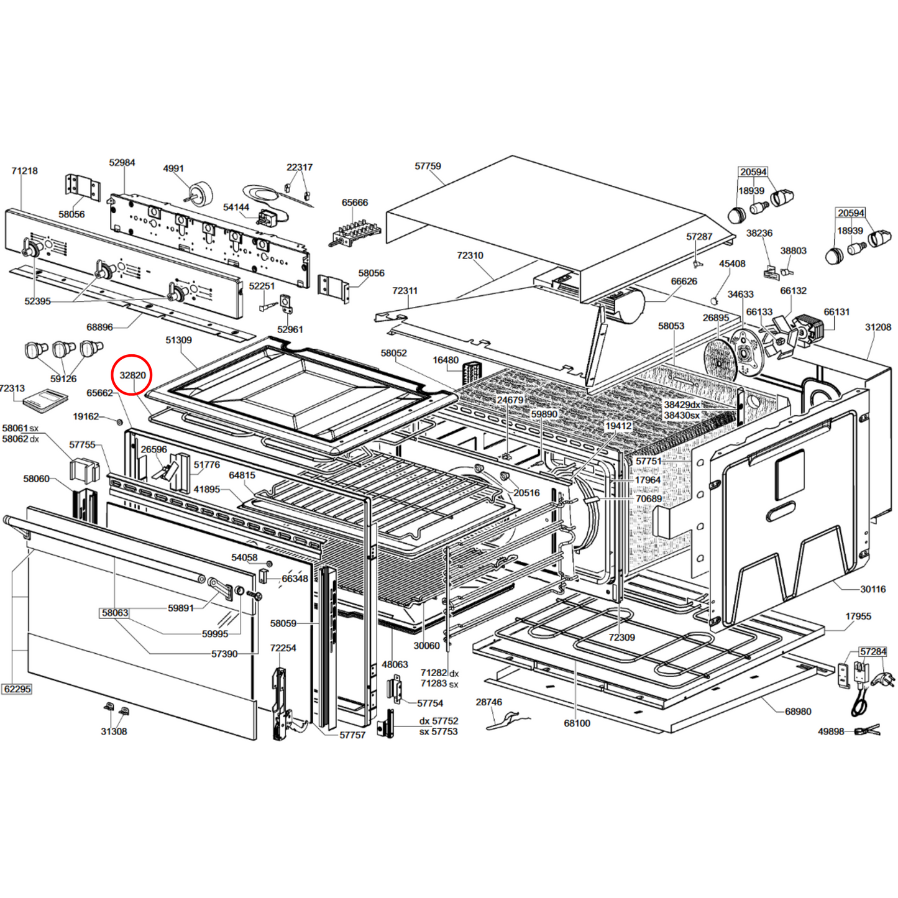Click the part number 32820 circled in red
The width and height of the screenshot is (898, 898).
pos(132,375)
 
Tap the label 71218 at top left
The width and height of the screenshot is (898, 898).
pos(24,171)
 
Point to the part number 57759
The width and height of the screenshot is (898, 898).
pos(428,167)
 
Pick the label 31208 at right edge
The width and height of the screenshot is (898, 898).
pos(877,328)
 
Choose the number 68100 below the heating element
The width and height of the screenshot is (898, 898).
pos(577,723)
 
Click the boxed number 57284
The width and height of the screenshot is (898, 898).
pos(873,652)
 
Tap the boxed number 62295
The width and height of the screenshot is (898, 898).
pos(17,689)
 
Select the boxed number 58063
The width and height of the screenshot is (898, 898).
pos(115,613)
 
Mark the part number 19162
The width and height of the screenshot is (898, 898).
pos(86,416)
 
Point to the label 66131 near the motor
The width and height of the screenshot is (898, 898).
pos(836,312)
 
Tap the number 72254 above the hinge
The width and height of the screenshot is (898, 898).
pos(283,648)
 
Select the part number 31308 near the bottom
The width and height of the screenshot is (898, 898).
pos(114,731)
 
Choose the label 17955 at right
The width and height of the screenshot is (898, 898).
pos(858,616)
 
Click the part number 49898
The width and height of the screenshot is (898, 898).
pos(831,731)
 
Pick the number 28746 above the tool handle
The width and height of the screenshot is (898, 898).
pos(488,702)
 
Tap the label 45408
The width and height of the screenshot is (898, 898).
pos(732,264)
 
